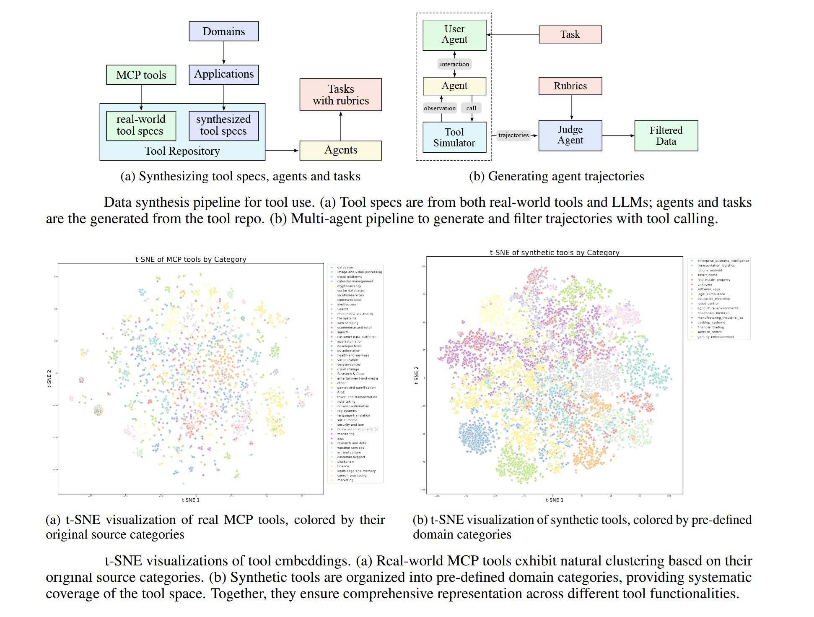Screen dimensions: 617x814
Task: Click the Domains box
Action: point(223,31)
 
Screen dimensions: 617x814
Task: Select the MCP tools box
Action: point(141,75)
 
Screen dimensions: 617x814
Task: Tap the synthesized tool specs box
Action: point(223,125)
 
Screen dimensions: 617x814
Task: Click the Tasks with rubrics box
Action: point(340,95)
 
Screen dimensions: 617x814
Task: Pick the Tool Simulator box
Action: point(454,137)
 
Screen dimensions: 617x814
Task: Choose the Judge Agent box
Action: point(570,135)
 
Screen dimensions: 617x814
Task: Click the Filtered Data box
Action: point(666,135)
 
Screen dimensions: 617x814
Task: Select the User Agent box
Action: point(454,35)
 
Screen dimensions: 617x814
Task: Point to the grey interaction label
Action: point(454,64)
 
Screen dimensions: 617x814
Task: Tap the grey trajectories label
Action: point(513,135)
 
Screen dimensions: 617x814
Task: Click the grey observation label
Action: point(440,108)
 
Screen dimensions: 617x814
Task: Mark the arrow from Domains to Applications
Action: point(224,52)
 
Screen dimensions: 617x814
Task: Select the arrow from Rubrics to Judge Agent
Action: point(571,107)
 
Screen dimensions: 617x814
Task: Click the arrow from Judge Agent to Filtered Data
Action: point(618,135)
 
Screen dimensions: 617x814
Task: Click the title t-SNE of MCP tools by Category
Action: point(191,259)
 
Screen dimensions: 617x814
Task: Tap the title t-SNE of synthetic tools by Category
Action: point(555,253)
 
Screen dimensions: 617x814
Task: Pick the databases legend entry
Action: point(345,267)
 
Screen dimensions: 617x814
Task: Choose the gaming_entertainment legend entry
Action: point(715,336)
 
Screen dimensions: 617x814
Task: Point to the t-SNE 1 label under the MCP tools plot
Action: point(191,500)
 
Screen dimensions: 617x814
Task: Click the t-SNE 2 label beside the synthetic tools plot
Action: point(416,375)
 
